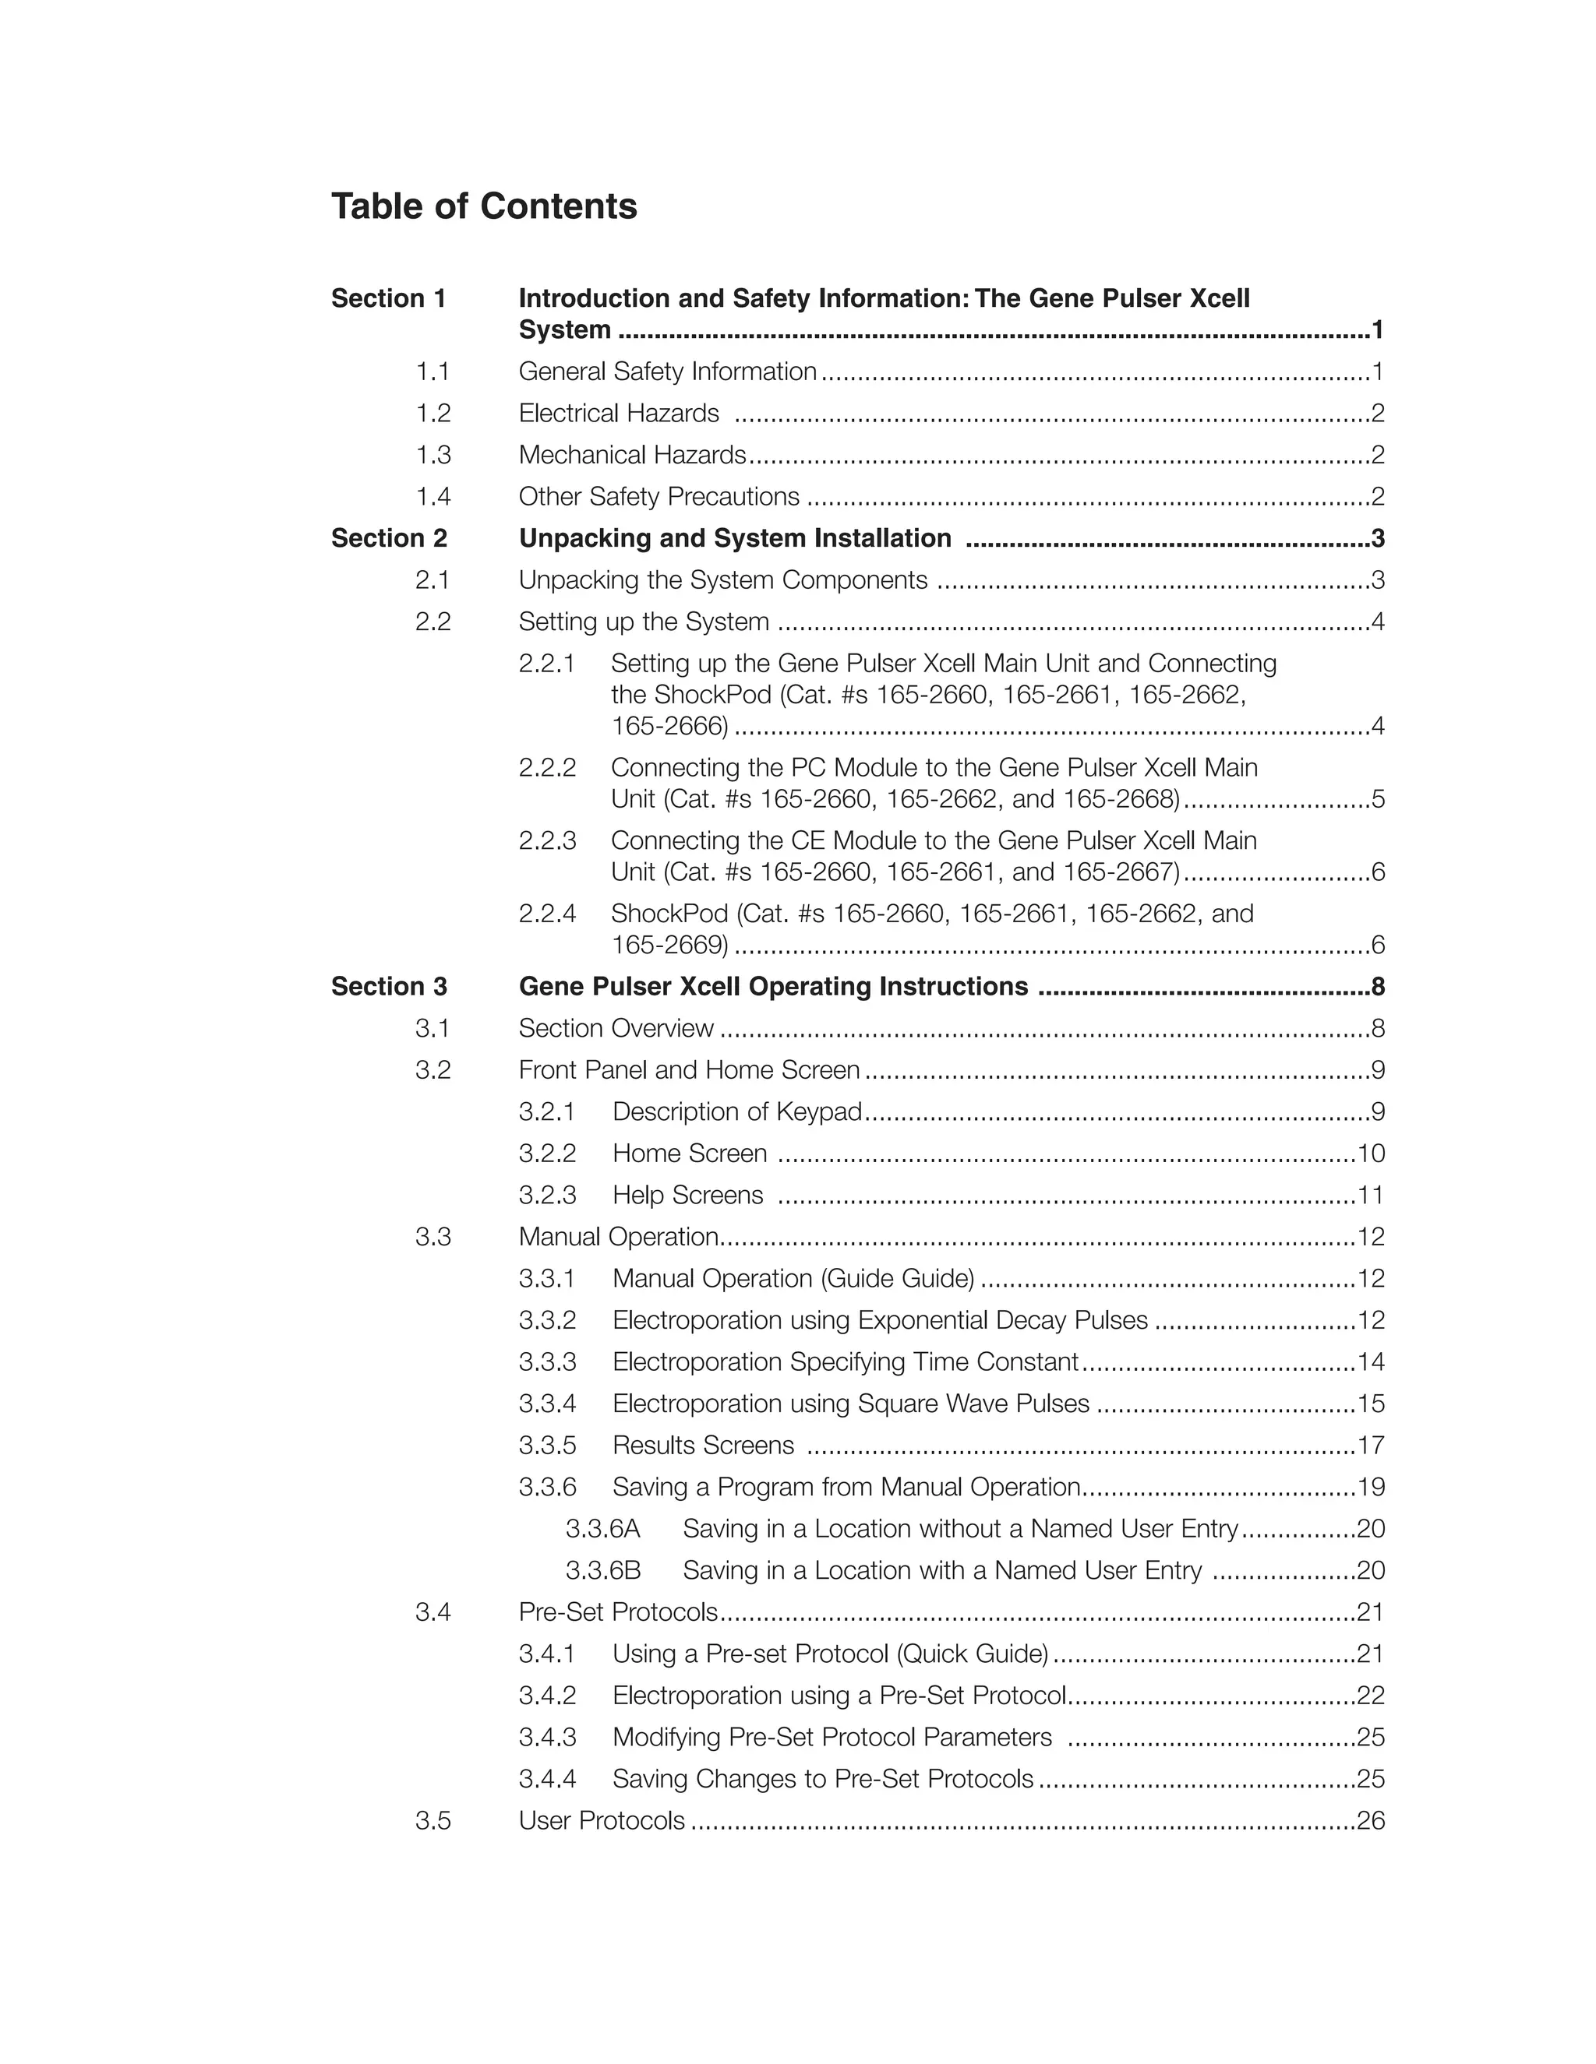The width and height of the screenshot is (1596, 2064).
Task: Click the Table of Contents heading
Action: tap(483, 206)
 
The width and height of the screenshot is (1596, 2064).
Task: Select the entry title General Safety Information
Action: tap(666, 372)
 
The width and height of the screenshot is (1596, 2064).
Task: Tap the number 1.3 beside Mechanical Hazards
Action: tap(433, 455)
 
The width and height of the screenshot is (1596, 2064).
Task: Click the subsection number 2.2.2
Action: tap(546, 767)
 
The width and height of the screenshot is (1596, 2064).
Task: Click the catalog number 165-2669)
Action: tap(669, 944)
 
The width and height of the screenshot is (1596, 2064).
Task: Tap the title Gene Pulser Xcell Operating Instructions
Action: tap(772, 986)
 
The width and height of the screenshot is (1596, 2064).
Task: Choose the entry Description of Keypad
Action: tap(736, 1111)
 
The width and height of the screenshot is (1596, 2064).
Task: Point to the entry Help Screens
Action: tap(687, 1195)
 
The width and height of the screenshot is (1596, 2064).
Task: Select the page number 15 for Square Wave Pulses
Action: tap(1370, 1404)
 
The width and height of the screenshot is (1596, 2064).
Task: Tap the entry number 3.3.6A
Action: tap(602, 1528)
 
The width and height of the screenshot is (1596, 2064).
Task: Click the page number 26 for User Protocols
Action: tap(1370, 1820)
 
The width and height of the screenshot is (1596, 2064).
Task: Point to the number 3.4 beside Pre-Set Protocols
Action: tap(433, 1611)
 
